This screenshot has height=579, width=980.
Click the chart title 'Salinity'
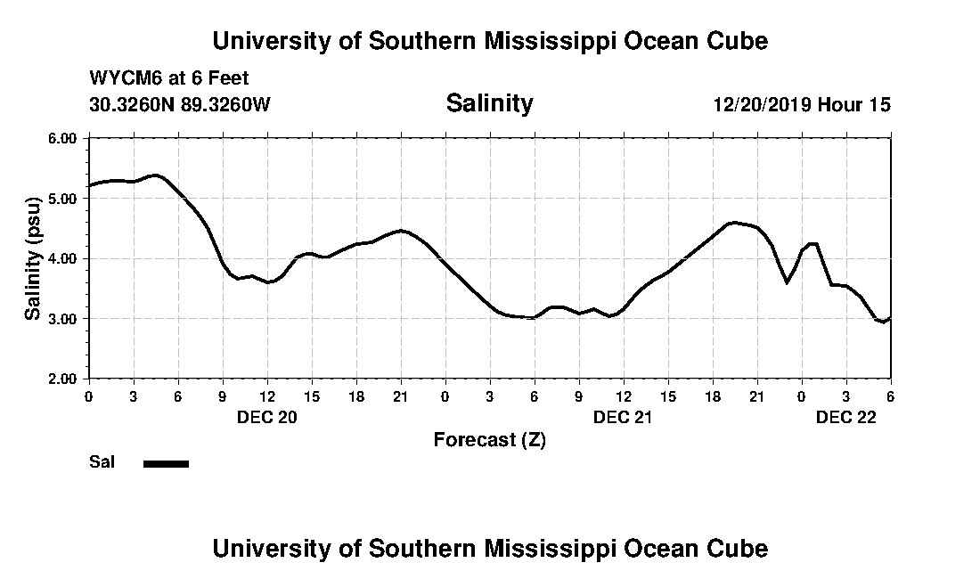coord(489,103)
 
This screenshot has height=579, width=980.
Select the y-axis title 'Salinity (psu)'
coord(33,258)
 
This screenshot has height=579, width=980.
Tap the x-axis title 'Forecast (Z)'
coord(489,440)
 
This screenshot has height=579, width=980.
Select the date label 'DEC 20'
coord(266,417)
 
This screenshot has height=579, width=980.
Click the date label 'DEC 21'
coord(623,417)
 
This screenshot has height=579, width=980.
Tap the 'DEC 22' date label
coord(845,417)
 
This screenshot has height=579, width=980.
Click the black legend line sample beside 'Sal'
coord(166,463)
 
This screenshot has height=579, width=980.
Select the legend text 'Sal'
coord(101,462)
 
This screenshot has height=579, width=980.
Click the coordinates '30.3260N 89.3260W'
coord(179,104)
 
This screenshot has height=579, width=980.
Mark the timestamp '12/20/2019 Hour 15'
coord(802,104)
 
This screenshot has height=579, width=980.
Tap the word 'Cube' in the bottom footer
coord(738,548)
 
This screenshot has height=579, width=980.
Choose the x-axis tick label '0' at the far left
coord(88,396)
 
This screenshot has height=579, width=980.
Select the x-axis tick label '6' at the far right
coord(890,396)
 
